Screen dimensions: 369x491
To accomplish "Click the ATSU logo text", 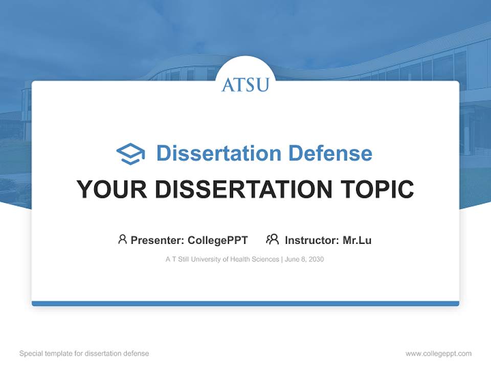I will coord(245,85).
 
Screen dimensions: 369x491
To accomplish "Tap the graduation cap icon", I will coord(130,154).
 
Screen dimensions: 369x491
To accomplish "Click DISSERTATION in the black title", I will coord(239,189).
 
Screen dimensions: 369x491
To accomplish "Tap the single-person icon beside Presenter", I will coord(122,239).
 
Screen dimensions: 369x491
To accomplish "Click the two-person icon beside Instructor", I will coord(272,239).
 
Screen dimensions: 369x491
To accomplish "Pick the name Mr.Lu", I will coord(357,240).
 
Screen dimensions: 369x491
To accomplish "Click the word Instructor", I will coord(311,240).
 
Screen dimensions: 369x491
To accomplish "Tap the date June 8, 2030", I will coord(304,259).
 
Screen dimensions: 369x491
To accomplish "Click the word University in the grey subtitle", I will coord(207,259).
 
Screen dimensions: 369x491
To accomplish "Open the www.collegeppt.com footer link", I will coord(438,354).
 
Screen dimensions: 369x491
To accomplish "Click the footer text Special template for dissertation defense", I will coord(84,354).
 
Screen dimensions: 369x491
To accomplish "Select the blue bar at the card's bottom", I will coord(245,303).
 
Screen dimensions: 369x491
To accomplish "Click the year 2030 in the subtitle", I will coord(316,259).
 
